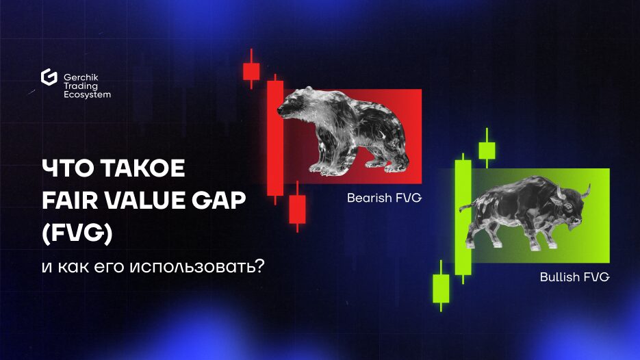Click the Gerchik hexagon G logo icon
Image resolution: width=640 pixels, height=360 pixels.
point(49,77)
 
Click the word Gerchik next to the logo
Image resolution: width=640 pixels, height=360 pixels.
point(81,77)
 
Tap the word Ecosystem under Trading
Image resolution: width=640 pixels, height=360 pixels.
point(88,94)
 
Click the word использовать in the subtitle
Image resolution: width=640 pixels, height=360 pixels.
point(197,268)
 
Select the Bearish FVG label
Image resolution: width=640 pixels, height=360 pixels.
point(384,198)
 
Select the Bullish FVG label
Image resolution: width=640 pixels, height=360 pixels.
point(575,277)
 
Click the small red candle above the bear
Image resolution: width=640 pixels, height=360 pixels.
point(251,70)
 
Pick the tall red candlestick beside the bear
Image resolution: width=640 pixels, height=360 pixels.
point(275,138)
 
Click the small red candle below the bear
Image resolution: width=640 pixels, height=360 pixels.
point(297,208)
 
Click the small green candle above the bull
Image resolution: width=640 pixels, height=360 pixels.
point(487,149)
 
